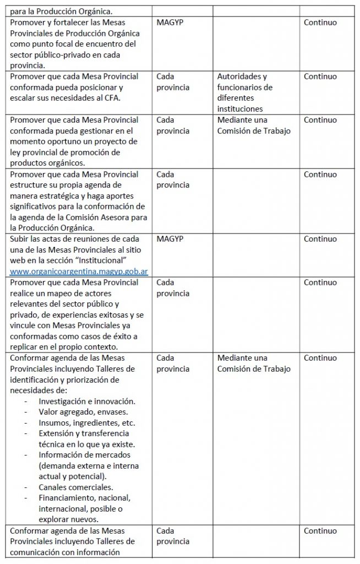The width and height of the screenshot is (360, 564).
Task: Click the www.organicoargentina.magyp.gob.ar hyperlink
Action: (x=79, y=271)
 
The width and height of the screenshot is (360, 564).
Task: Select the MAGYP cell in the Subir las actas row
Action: (x=170, y=239)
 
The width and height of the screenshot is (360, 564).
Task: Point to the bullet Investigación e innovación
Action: (x=87, y=401)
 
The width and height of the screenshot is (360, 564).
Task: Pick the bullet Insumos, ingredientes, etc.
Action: (x=86, y=423)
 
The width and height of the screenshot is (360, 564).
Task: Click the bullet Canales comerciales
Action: (x=76, y=487)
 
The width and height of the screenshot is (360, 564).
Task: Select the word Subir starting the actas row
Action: (x=19, y=239)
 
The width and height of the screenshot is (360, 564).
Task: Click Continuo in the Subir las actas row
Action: (x=320, y=239)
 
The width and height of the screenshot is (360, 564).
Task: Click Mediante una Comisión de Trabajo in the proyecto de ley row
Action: (x=253, y=125)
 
